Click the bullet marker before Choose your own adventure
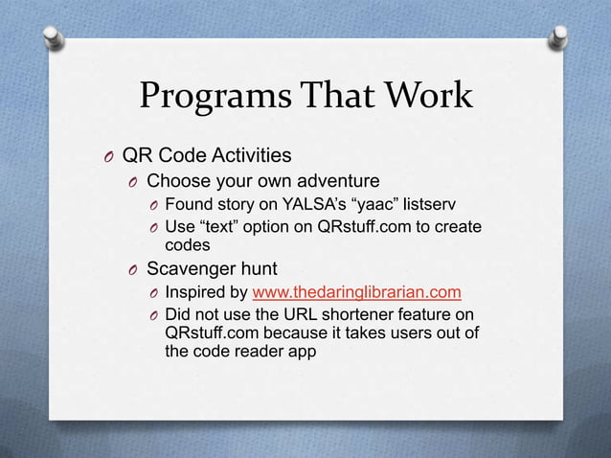pyautogui.click(x=134, y=183)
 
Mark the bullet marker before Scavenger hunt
pyautogui.click(x=134, y=270)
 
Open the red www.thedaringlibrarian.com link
pyautogui.click(x=356, y=292)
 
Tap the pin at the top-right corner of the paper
pyautogui.click(x=555, y=36)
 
